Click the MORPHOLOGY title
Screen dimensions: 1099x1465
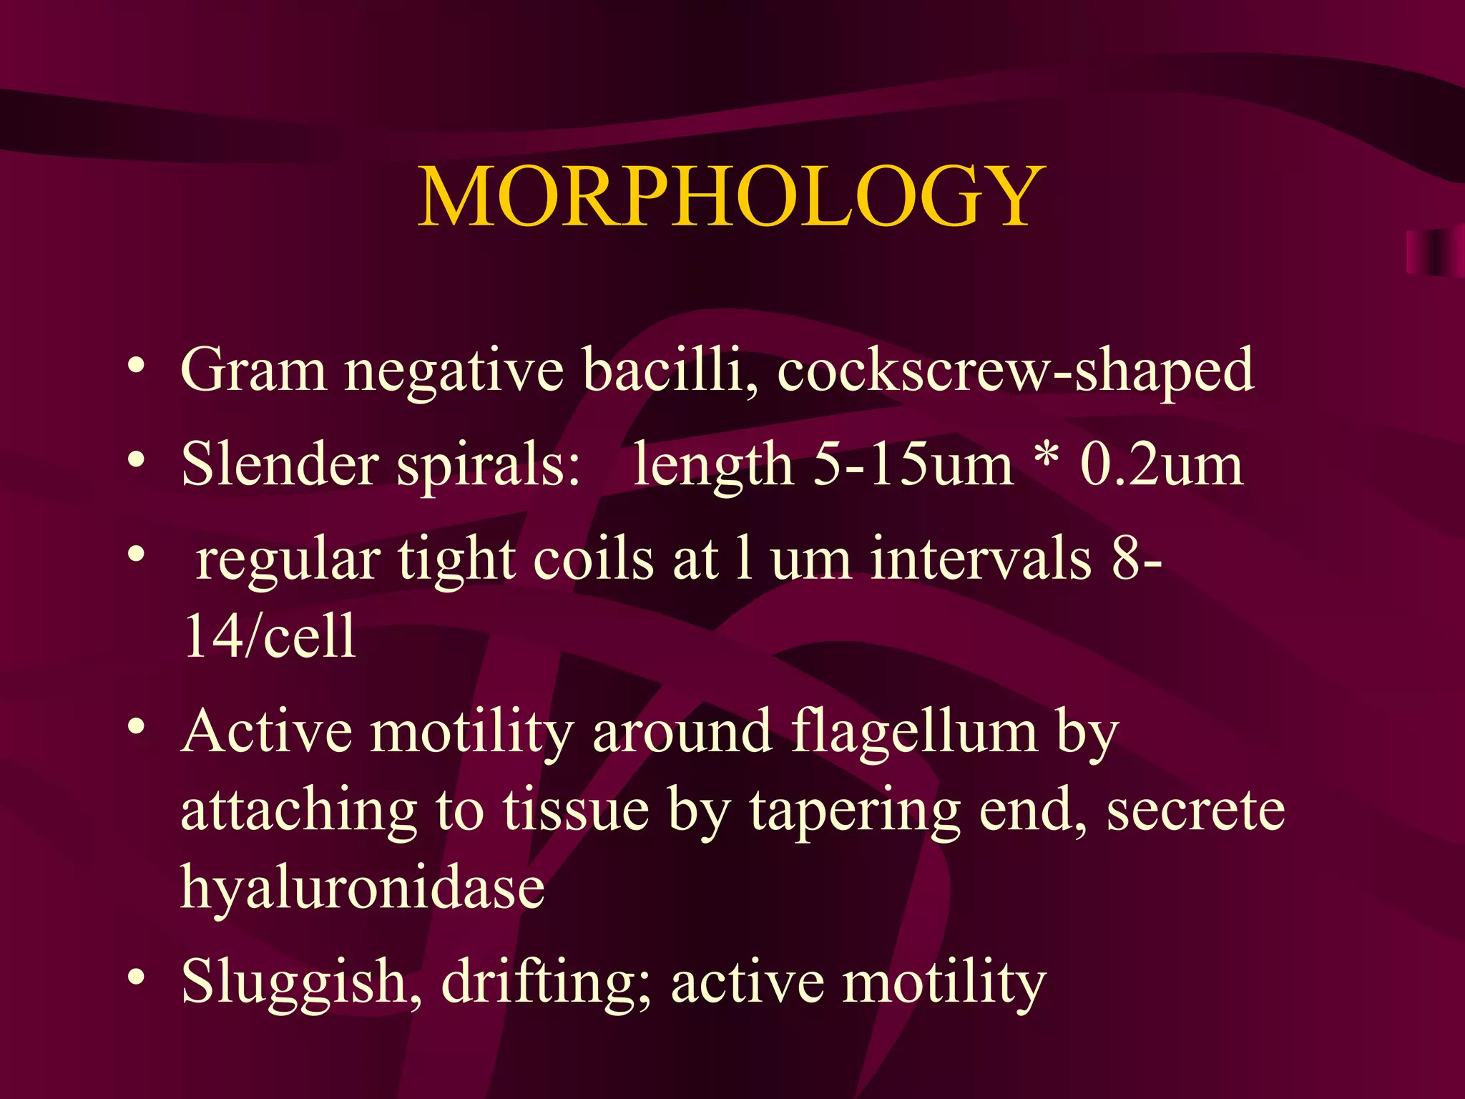coord(731,196)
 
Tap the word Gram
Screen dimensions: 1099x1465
coord(254,370)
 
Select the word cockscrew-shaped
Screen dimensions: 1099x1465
coord(1015,371)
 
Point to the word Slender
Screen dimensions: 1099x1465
coord(280,464)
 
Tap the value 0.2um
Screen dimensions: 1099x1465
coord(1161,464)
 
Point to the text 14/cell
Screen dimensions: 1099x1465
coord(269,636)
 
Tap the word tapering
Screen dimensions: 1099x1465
coord(856,812)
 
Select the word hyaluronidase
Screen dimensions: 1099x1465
coord(363,889)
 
